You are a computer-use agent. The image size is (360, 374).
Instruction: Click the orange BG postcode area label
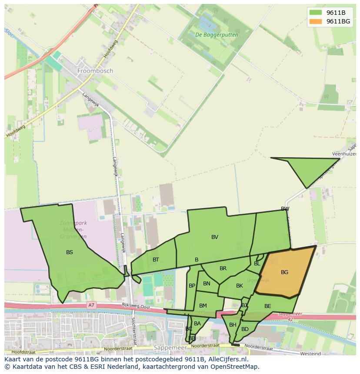[x=284, y=272]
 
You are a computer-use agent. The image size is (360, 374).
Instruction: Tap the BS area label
[x=70, y=252]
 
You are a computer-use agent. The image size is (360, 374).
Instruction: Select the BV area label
[x=215, y=237]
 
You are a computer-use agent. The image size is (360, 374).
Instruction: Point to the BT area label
[x=156, y=260]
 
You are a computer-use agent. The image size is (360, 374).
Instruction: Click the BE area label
[x=267, y=306]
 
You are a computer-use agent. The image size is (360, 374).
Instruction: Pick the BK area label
[x=240, y=286]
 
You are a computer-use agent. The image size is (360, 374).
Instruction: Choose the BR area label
[x=223, y=268]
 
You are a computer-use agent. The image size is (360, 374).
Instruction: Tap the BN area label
[x=207, y=284]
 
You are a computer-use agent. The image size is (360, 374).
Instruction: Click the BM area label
[x=203, y=306]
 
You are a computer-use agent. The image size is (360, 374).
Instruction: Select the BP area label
[x=192, y=286]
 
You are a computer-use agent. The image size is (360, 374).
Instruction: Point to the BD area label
[x=245, y=329]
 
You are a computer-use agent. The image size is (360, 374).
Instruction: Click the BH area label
[x=233, y=325]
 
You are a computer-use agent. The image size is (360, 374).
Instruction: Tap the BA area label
[x=197, y=324]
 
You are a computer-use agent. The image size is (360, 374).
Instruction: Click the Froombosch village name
[x=95, y=70]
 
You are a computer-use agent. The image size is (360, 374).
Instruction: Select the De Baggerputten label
[x=210, y=34]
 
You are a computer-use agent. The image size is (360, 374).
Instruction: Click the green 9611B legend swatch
[x=316, y=13]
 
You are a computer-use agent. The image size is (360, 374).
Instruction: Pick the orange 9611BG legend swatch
[x=316, y=21]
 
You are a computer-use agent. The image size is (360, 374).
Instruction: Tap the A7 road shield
[x=91, y=305]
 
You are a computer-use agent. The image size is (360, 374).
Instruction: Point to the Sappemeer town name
[x=170, y=348]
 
